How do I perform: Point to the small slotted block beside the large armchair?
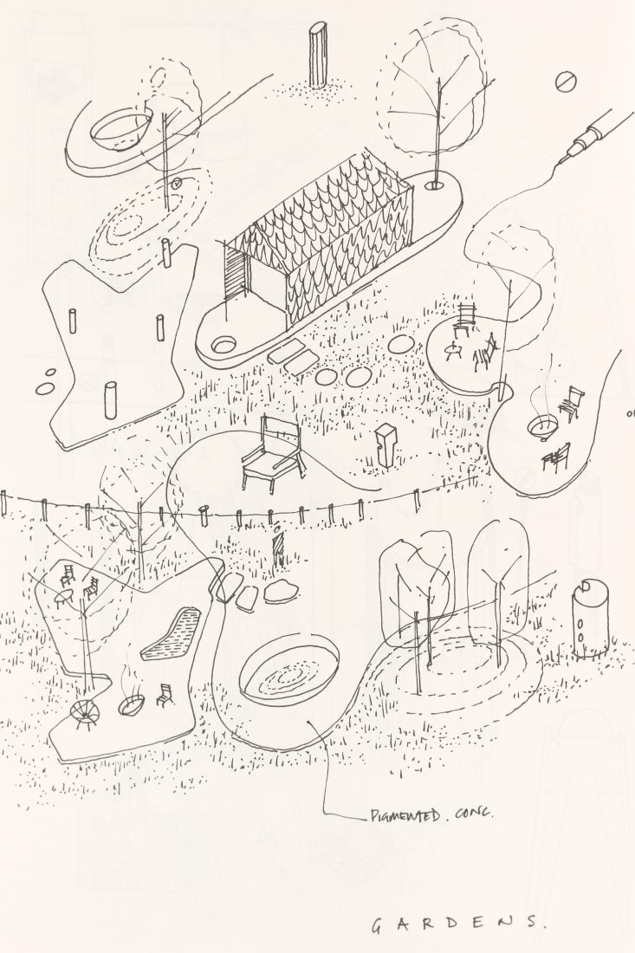(x=384, y=447)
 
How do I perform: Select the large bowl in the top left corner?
(x=120, y=129)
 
